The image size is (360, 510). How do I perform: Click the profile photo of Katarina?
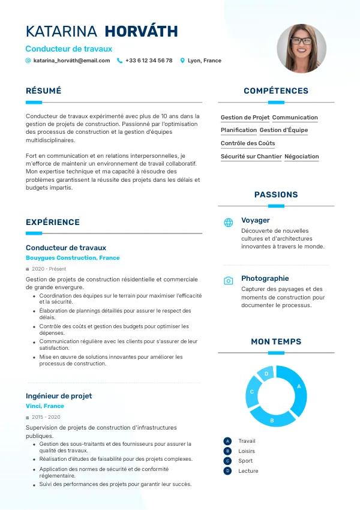tap(301, 49)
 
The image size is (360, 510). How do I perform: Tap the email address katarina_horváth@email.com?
tap(71, 61)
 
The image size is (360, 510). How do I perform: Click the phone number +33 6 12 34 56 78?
tap(149, 61)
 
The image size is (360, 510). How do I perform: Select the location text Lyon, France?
tap(204, 61)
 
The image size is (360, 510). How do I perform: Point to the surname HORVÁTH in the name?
tap(141, 32)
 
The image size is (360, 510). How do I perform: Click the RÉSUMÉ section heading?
tap(43, 91)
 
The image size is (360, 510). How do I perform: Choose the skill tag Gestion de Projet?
tap(245, 118)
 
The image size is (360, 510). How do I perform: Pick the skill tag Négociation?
tap(302, 157)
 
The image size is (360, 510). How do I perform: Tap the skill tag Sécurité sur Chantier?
tap(251, 157)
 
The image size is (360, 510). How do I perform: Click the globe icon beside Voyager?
tap(229, 223)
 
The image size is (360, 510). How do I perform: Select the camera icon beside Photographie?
tap(229, 281)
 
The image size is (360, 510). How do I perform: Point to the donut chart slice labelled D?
tap(266, 374)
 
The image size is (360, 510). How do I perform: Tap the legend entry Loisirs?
tap(247, 451)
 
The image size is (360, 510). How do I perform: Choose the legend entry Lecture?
tap(248, 471)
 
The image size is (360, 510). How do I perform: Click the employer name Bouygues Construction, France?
tap(73, 258)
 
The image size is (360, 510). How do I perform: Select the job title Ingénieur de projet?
tap(59, 396)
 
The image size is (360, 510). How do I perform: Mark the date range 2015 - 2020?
tap(46, 417)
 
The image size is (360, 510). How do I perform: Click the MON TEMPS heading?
tap(276, 342)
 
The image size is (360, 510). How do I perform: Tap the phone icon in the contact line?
tap(119, 61)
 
